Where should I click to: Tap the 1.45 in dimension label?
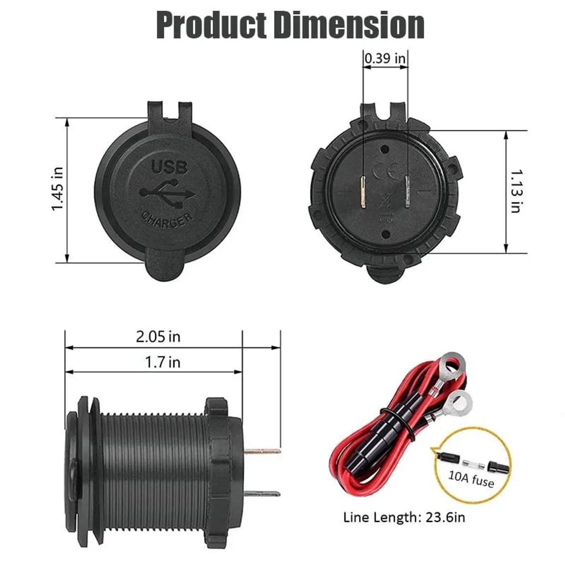click(x=58, y=189)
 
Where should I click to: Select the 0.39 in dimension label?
click(x=385, y=59)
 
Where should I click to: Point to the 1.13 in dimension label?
click(x=516, y=191)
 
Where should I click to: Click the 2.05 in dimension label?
click(x=158, y=337)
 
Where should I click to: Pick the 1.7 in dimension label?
click(x=162, y=362)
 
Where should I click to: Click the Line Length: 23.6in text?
click(x=404, y=517)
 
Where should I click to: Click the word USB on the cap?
click(x=169, y=167)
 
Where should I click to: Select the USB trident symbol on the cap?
click(x=168, y=193)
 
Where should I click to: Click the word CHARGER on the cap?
click(x=167, y=219)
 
